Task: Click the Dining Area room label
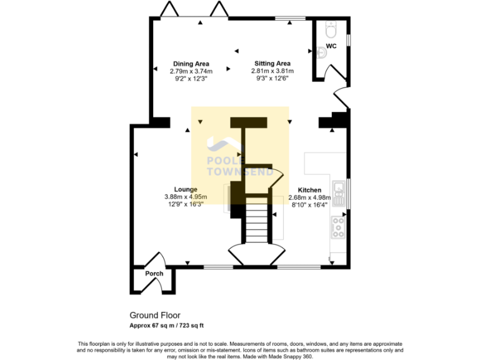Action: (191, 64)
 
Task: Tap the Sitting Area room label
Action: (272, 64)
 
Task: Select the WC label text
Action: (331, 47)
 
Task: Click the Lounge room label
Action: (186, 189)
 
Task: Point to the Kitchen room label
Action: (309, 190)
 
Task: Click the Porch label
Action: (154, 274)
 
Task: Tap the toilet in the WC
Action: (331, 29)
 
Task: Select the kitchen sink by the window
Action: (338, 193)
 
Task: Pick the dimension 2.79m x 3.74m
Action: (191, 71)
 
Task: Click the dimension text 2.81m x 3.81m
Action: (272, 71)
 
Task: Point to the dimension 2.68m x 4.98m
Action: (309, 197)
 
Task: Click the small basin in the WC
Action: (321, 54)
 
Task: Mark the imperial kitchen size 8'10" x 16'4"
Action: (309, 204)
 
